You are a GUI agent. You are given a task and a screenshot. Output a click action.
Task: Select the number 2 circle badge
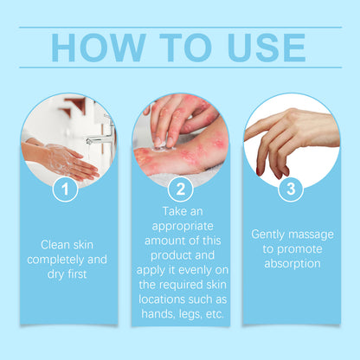tap(180, 187)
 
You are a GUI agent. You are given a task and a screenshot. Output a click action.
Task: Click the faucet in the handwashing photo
tap(102, 130)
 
